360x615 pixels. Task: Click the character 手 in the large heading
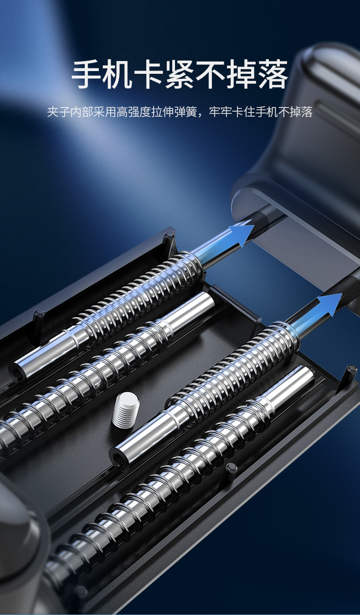[87, 74]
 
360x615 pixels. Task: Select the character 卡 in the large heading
[149, 74]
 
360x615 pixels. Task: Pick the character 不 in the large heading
[211, 74]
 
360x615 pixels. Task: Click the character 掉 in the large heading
[242, 74]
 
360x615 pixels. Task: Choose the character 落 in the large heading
[273, 74]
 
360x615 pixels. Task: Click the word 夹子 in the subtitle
[59, 112]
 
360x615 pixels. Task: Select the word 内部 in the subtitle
[82, 112]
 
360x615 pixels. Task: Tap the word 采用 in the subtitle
[105, 112]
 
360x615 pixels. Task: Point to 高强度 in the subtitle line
[134, 112]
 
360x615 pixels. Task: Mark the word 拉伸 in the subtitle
[163, 112]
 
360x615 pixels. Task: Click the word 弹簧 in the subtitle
[185, 112]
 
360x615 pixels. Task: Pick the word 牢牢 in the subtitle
[220, 112]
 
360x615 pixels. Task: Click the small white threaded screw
[125, 409]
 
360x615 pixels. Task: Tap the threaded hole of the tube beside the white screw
[119, 457]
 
